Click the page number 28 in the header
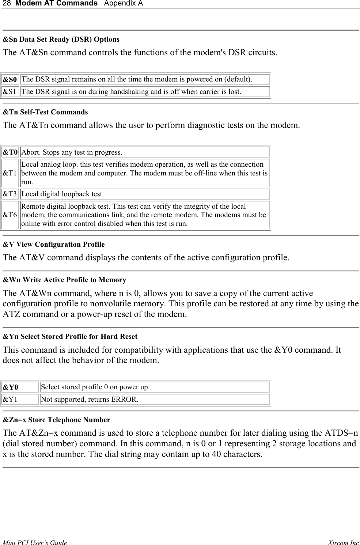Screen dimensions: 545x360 coord(6,3)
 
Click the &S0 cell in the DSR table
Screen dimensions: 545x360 coord(10,79)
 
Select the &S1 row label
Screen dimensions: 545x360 coord(10,92)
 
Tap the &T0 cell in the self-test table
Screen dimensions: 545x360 coord(10,152)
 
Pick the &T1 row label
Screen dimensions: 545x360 coord(10,173)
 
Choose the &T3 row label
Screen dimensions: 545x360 coord(10,194)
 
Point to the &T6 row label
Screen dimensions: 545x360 coord(10,215)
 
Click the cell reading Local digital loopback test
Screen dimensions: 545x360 coord(62,194)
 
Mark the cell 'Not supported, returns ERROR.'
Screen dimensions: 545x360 coord(90,399)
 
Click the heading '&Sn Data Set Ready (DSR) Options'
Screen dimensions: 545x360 coord(61,39)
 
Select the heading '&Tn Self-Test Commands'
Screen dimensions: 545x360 coord(45,112)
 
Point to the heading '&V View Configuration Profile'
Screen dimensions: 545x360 coord(54,244)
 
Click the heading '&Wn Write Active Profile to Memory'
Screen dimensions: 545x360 coord(64,280)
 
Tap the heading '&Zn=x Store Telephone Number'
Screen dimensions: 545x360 coord(56,420)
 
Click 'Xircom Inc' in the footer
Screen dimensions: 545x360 coord(343,542)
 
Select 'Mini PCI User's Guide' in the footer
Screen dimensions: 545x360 coord(35,542)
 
